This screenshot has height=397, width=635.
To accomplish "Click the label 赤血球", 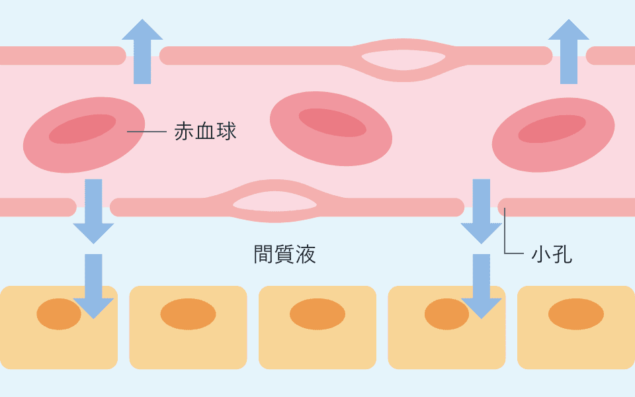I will (205, 131).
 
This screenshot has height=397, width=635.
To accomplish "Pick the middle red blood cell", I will (331, 128).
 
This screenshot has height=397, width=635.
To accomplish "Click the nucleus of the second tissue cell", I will (188, 314).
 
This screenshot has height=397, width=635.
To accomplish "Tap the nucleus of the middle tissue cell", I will (317, 314).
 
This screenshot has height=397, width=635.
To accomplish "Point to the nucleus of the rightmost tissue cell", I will (575, 314).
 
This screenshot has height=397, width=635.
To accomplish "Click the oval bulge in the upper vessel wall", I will (402, 60).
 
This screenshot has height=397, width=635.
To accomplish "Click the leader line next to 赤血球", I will (146, 132).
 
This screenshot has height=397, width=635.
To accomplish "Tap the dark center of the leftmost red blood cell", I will (81, 129).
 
